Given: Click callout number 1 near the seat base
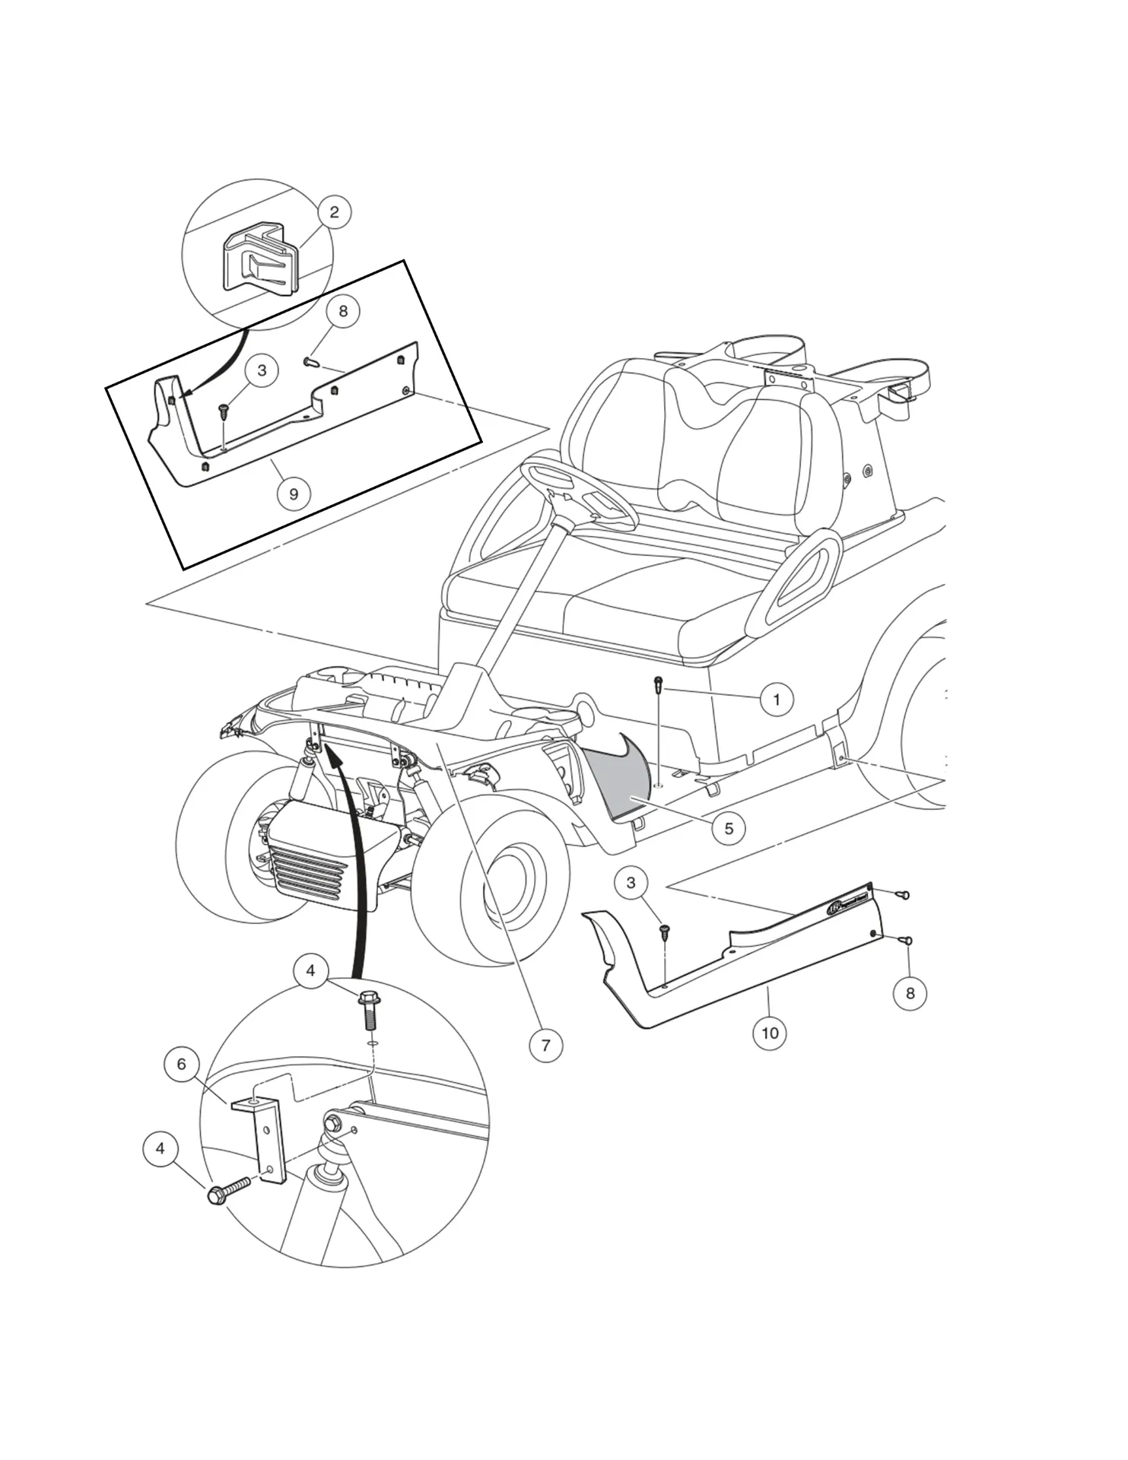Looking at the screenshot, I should [x=776, y=699].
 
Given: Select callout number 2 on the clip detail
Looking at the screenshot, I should [x=334, y=212].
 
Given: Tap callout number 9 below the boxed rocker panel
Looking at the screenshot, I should [x=294, y=494].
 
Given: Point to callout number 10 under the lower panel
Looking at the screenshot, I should [x=770, y=1033].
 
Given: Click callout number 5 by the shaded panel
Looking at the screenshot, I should [x=729, y=828].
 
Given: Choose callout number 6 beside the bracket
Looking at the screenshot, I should [x=181, y=1064].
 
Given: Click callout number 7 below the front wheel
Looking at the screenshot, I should [x=545, y=1046].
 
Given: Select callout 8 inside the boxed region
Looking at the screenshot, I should [x=343, y=311].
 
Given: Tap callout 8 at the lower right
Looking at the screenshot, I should [x=910, y=993].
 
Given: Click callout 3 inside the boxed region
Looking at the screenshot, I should [x=262, y=370].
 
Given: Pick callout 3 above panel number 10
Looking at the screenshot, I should [x=631, y=883].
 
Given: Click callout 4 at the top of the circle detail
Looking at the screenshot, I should [x=311, y=970].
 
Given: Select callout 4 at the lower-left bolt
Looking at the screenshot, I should [x=160, y=1148].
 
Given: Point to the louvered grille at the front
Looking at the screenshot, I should [x=308, y=859].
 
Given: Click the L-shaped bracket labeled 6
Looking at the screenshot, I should [x=262, y=1133].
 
